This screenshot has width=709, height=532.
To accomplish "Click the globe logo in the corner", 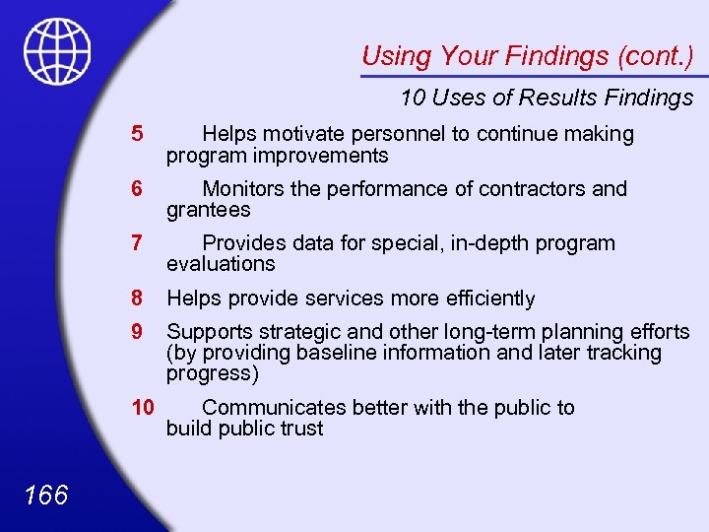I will (57, 51).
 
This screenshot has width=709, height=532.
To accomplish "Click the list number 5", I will (137, 134).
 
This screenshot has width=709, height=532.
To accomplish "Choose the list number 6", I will (137, 189).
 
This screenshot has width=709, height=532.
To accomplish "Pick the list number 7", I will (137, 243).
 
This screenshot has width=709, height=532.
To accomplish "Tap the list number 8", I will (137, 299).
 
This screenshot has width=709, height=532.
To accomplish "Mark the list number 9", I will (137, 332).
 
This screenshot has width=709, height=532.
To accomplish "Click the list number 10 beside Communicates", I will (144, 408).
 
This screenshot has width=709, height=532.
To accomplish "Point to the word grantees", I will (209, 211).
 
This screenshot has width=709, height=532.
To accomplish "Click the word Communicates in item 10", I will (276, 408).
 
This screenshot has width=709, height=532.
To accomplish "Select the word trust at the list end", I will (299, 430).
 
